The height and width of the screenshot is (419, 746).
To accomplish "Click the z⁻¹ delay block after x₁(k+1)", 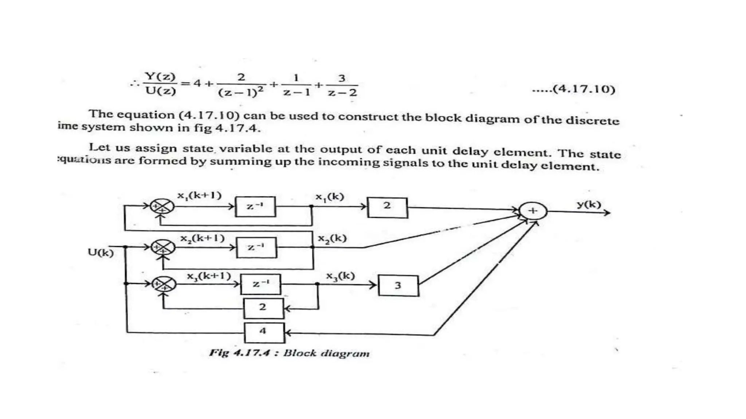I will pyautogui.click(x=255, y=207).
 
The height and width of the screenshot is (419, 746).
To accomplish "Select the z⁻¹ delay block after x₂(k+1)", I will pyautogui.click(x=256, y=247).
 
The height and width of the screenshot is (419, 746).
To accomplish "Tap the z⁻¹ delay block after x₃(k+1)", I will pyautogui.click(x=260, y=284).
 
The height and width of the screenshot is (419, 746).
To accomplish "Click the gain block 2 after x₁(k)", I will pyautogui.click(x=387, y=207).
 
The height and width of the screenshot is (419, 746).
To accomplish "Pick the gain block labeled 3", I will pyautogui.click(x=398, y=286).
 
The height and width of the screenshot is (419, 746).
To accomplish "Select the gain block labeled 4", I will pyautogui.click(x=264, y=332).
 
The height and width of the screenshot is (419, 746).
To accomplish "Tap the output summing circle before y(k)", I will pyautogui.click(x=533, y=211).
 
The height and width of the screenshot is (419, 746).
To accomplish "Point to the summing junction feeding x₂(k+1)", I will pyautogui.click(x=163, y=247).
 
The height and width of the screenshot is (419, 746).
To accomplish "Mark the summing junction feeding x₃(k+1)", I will pyautogui.click(x=164, y=284).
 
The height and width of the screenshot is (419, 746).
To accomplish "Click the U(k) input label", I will pyautogui.click(x=101, y=252).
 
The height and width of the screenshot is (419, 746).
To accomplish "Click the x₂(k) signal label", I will pyautogui.click(x=332, y=239).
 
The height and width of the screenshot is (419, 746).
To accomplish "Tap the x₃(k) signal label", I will pyautogui.click(x=340, y=276).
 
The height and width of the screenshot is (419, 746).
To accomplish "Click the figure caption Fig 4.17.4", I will pyautogui.click(x=289, y=353).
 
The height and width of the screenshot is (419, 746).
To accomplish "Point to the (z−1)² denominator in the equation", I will pyautogui.click(x=241, y=92).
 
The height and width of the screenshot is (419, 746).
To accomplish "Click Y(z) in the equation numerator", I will pyautogui.click(x=160, y=76).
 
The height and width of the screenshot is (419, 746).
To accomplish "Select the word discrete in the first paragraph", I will pyautogui.click(x=592, y=120).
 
